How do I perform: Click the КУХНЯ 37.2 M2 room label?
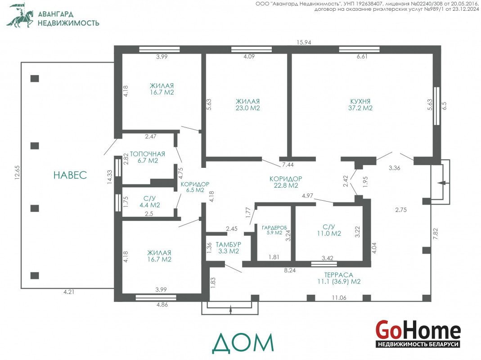point(360,105)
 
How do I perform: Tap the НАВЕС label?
point(70,175)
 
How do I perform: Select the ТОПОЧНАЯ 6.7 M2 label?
point(148,157)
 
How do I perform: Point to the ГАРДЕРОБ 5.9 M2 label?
point(274,230)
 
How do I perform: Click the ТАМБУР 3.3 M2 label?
point(229,247)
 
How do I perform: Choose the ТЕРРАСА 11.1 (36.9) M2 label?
point(339,278)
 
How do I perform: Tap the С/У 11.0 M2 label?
point(329,230)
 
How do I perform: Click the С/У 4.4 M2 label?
point(150,202)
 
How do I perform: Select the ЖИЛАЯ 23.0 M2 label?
point(247,105)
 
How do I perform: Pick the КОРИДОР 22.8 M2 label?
point(286,182)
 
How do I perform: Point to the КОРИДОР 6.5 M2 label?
point(195,187)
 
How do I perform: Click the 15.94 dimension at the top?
point(304,42)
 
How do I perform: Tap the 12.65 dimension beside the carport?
point(17,172)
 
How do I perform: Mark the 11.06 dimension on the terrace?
point(339,297)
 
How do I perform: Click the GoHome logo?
point(418,333)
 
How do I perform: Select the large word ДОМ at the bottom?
point(243,343)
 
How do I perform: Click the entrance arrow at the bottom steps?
point(230,310)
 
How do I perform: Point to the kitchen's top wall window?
point(359,49)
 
